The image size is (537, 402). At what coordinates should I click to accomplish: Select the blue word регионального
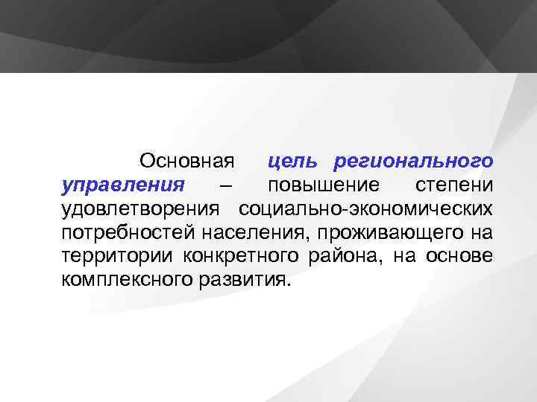(x=413, y=162)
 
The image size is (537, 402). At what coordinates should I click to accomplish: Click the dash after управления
(x=226, y=185)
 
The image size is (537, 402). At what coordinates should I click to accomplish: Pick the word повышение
(x=323, y=185)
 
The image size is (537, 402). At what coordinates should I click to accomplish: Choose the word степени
(x=453, y=185)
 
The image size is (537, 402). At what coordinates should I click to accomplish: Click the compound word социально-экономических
(x=365, y=209)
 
